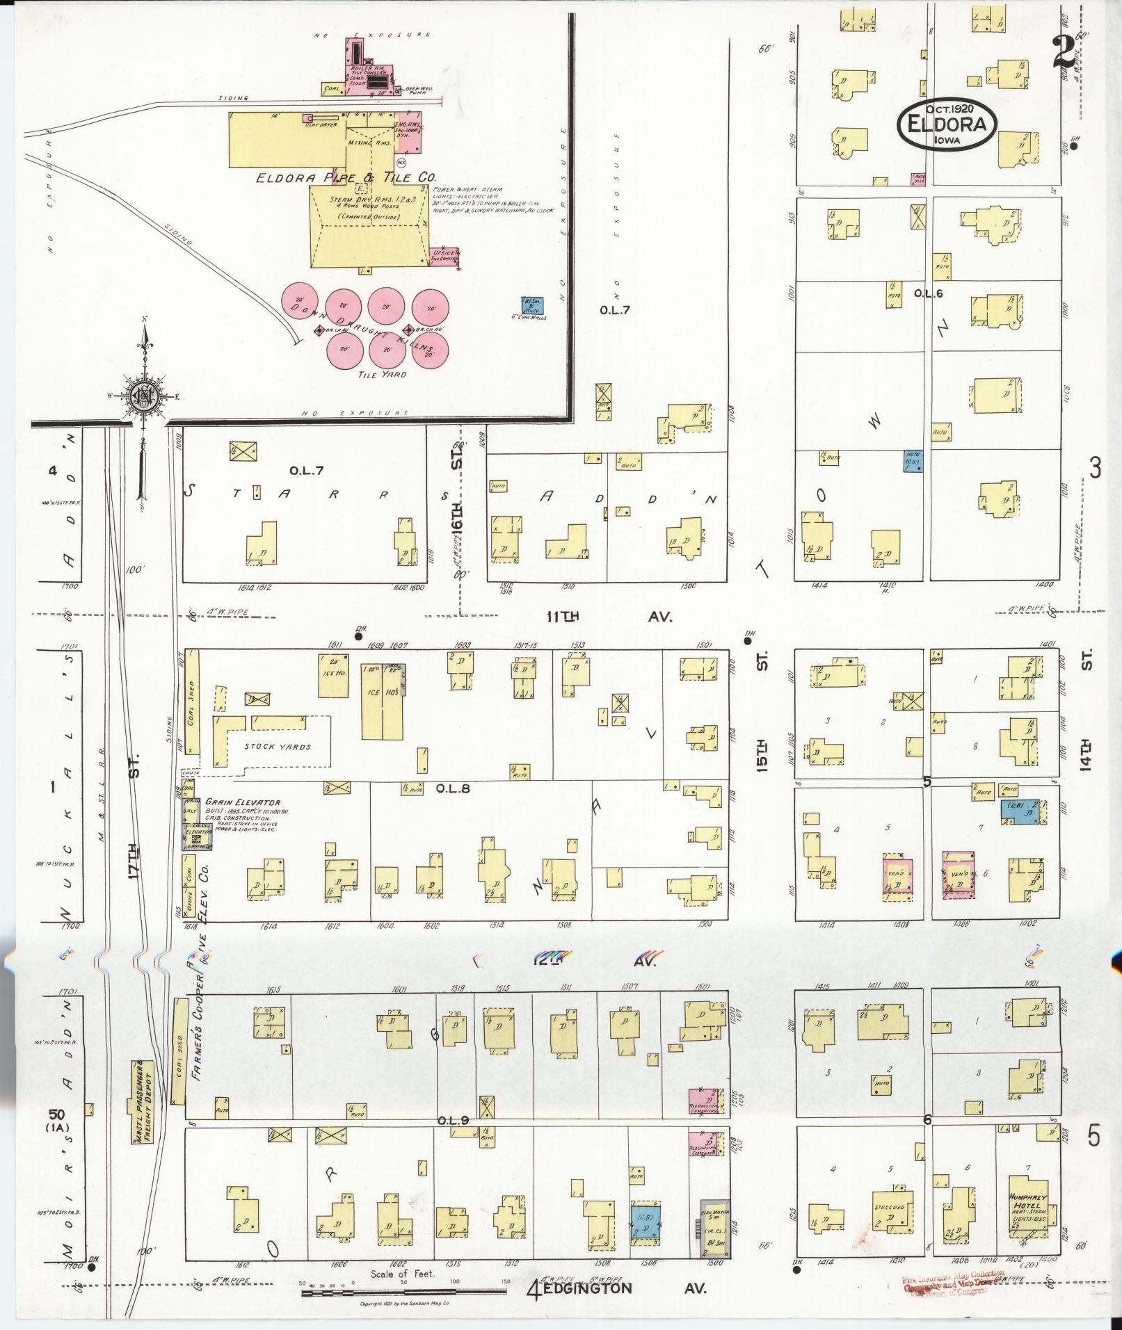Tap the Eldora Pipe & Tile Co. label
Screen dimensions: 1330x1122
coord(346,178)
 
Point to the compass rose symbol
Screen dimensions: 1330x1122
coord(147,397)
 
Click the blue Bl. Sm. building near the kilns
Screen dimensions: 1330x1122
coord(533,305)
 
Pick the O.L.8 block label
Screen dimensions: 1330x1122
coord(453,788)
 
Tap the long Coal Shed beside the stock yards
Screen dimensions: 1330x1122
coord(193,703)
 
